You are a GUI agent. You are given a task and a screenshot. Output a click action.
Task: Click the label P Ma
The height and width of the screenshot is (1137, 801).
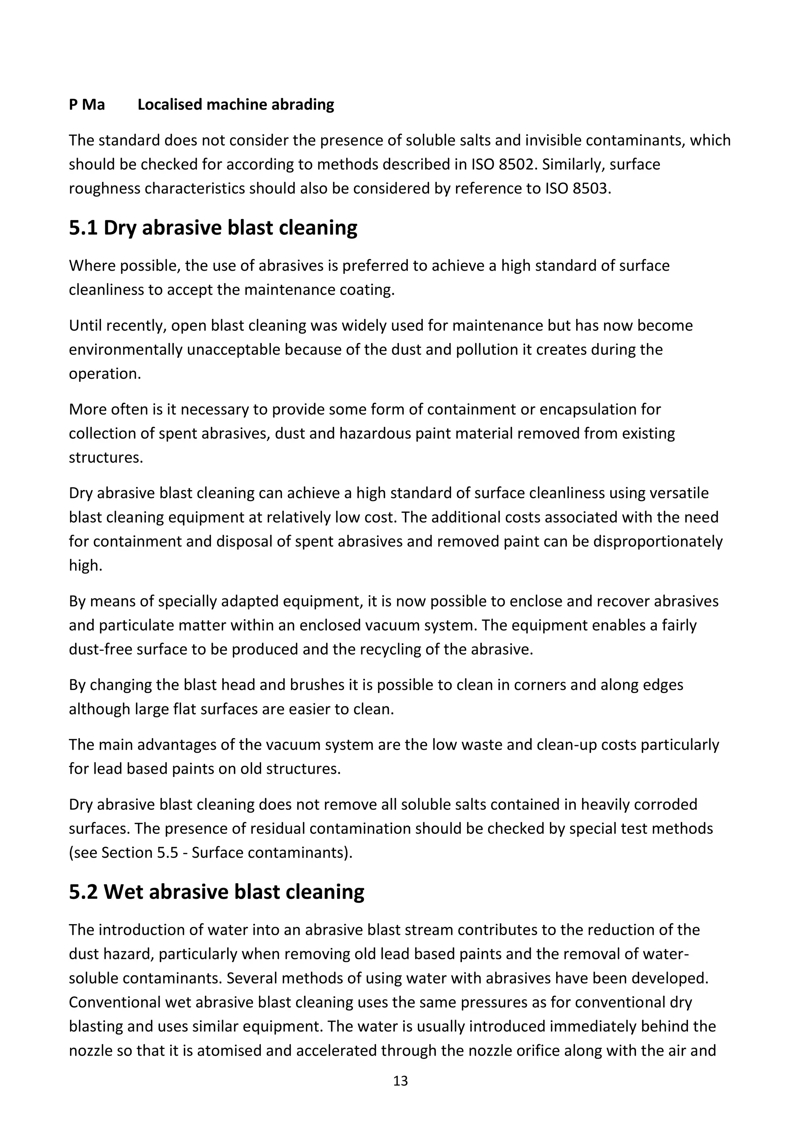87,105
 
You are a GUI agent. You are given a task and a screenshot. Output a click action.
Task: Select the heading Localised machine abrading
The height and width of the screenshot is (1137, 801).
236,105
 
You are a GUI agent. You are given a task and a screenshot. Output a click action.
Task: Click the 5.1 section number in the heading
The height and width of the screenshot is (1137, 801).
83,228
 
